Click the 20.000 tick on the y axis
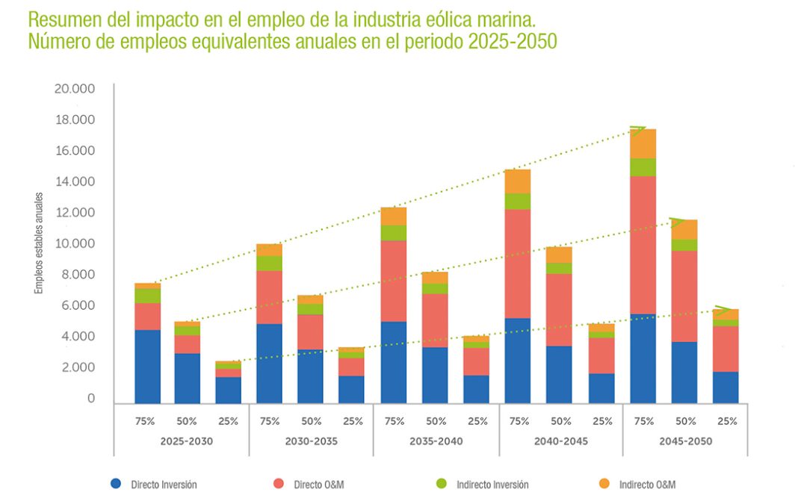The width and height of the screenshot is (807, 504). tap(75, 89)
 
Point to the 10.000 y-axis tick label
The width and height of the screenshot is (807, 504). tap(75, 244)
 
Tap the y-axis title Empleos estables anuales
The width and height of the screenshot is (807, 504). tap(38, 243)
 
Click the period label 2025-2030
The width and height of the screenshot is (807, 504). tap(186, 441)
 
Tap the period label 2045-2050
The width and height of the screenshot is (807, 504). tap(685, 441)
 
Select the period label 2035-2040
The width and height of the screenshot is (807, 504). tap(436, 441)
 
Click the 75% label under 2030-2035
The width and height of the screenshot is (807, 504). tap(270, 421)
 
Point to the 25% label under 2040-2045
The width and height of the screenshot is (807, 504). tap(601, 421)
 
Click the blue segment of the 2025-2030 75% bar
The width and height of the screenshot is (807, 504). tap(147, 366)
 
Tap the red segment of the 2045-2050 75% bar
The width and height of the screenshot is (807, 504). tap(643, 245)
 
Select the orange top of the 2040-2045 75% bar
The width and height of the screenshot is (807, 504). tap(518, 181)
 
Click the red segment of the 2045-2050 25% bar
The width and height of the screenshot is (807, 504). tap(725, 349)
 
